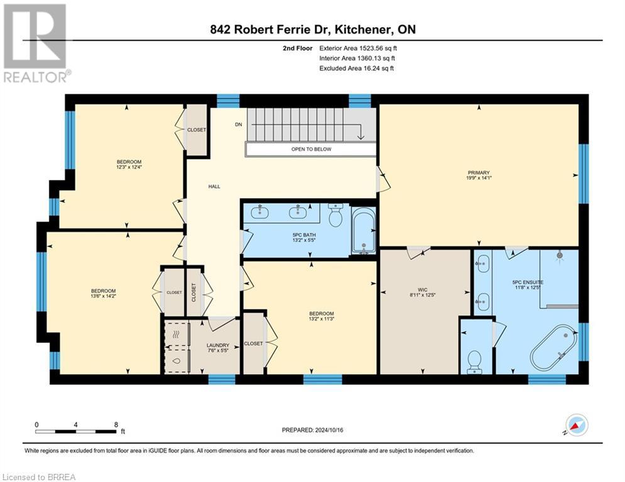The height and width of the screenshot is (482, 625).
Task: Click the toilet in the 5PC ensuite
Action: click(x=474, y=361)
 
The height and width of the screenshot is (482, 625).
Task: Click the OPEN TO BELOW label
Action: click(x=311, y=149)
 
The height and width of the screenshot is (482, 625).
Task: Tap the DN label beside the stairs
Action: click(x=239, y=125)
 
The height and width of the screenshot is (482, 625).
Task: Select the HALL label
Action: click(x=214, y=186)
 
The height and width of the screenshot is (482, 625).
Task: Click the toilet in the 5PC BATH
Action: click(x=335, y=217)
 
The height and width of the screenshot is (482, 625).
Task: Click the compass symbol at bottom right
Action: click(x=576, y=425)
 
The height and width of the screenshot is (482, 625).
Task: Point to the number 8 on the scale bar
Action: click(x=116, y=424)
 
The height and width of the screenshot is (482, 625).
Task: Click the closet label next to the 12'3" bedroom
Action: click(x=197, y=130)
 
